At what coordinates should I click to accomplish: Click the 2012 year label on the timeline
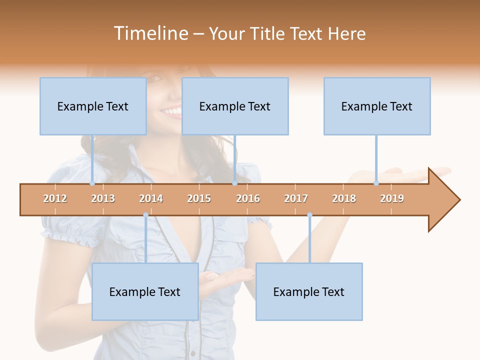[x=55, y=198]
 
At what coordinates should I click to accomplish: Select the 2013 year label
[x=103, y=198]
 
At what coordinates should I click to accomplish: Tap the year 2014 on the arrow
[x=151, y=198]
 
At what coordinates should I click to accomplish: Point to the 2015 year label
[x=199, y=198]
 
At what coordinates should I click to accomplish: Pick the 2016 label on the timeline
[x=248, y=198]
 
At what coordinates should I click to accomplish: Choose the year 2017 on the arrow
[x=296, y=198]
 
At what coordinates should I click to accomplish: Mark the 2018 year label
[x=344, y=198]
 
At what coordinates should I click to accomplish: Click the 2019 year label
[x=392, y=198]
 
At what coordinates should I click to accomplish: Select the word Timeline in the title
[x=149, y=33]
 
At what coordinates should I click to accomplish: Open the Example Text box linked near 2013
[x=93, y=106]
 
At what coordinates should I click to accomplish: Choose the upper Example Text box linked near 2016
[x=235, y=106]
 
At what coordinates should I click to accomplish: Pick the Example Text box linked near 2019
[x=377, y=106]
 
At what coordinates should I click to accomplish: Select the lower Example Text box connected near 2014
[x=145, y=292]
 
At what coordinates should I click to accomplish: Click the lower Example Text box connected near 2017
[x=309, y=292]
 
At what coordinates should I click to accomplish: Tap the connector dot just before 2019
[x=376, y=183]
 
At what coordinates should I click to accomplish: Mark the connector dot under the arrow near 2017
[x=309, y=215]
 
